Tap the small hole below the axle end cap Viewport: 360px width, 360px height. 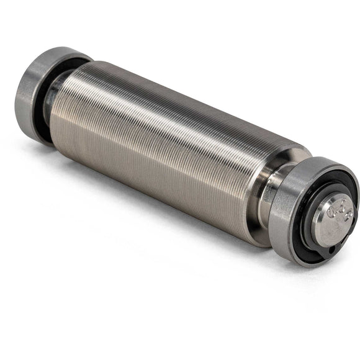tap(330, 251)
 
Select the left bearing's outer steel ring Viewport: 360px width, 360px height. tap(31, 93)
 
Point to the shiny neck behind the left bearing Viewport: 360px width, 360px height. tap(57, 93)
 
